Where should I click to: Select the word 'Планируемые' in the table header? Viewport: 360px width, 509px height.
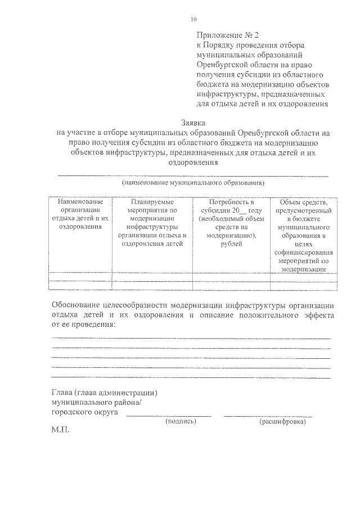pyautogui.click(x=152, y=202)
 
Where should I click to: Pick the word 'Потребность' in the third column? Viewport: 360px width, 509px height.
pyautogui.click(x=231, y=202)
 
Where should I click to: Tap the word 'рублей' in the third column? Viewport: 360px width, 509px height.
pyautogui.click(x=231, y=244)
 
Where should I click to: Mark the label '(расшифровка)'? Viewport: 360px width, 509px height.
pyautogui.click(x=282, y=421)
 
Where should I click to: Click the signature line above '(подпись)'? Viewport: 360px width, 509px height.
pyautogui.click(x=168, y=416)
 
